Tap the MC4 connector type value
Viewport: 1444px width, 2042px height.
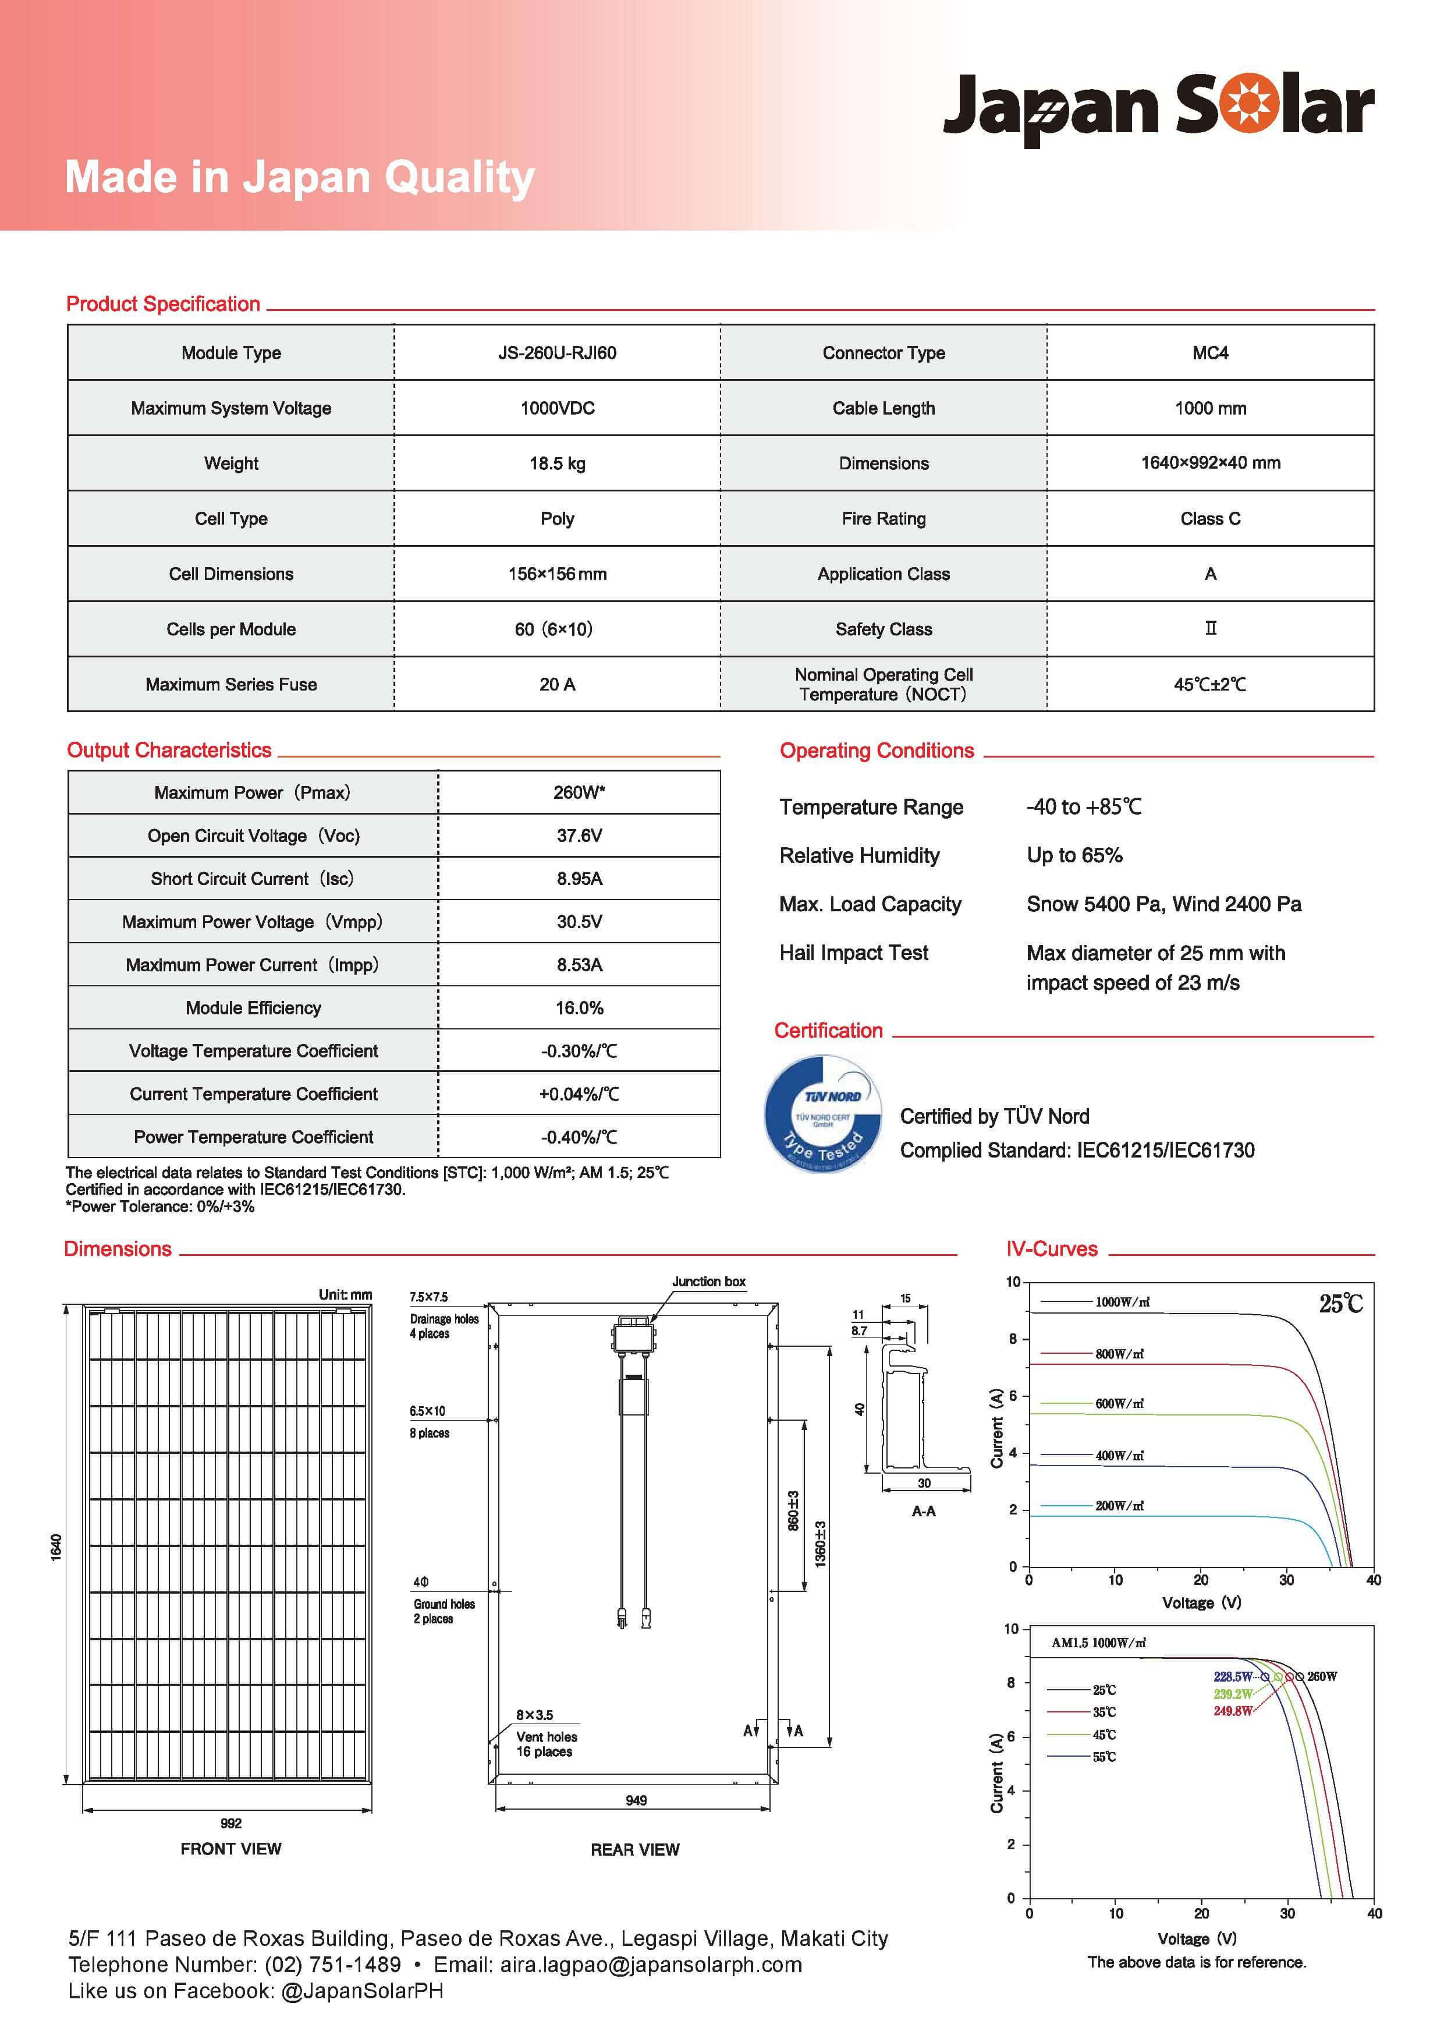[1210, 353]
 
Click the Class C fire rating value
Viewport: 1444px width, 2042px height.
[1210, 518]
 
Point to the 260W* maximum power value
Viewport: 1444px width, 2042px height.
[579, 792]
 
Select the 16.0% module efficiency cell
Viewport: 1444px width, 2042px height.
[579, 1008]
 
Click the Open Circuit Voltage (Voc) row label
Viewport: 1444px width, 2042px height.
[253, 836]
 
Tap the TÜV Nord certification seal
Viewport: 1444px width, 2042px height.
[824, 1114]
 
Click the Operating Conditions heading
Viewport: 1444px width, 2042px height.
[877, 751]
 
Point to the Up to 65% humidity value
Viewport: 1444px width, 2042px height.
[1074, 855]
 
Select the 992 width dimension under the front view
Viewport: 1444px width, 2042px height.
[230, 1823]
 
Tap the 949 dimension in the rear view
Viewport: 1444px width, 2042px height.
[636, 1800]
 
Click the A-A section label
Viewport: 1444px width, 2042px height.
[923, 1511]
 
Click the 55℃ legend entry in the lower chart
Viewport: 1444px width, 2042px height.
[1104, 1757]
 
